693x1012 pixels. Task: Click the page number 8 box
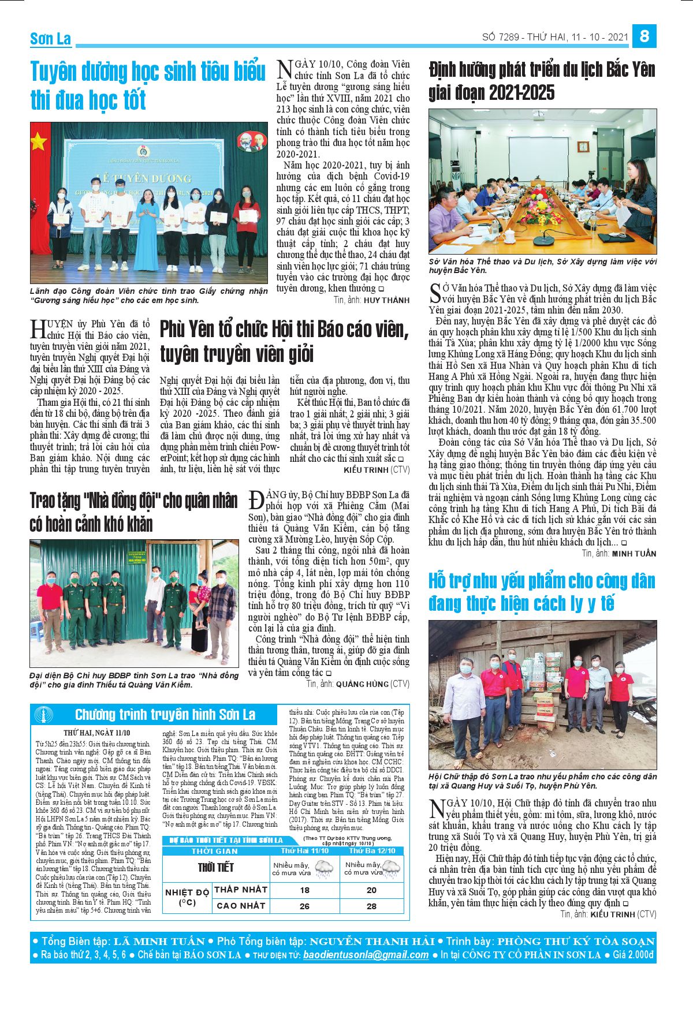(x=644, y=36)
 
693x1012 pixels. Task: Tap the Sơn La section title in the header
(x=50, y=39)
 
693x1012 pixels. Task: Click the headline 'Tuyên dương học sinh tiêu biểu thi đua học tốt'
(x=148, y=85)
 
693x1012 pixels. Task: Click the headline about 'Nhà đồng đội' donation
(x=133, y=512)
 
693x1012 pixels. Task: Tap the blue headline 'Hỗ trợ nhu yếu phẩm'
(x=542, y=592)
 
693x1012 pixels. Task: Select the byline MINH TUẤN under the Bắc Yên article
(x=634, y=554)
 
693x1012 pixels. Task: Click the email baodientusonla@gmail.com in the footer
(x=366, y=955)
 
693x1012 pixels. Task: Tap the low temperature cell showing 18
(x=305, y=890)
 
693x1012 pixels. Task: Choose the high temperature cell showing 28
(x=371, y=906)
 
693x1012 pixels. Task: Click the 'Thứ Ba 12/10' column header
(x=372, y=851)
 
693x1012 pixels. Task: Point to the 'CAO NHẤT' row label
(x=241, y=906)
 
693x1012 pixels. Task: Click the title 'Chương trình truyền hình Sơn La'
(x=165, y=715)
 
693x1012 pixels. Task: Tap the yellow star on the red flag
(x=39, y=141)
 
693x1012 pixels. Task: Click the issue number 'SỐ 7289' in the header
(x=501, y=37)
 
